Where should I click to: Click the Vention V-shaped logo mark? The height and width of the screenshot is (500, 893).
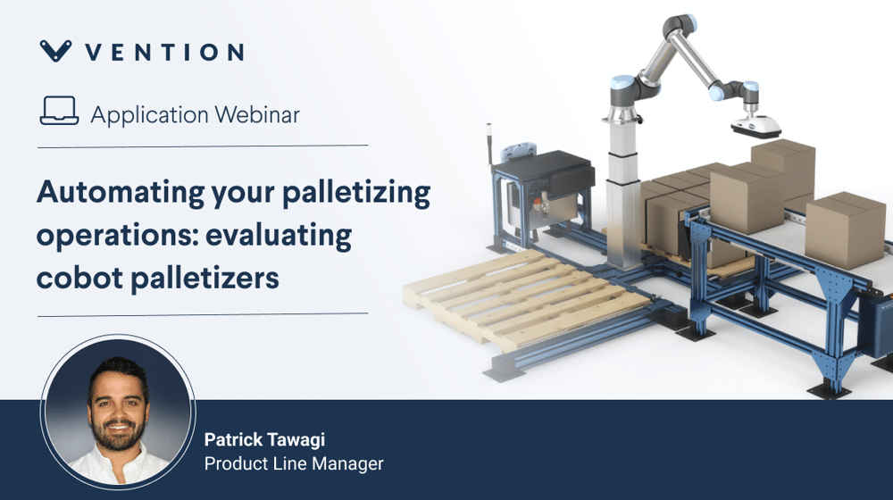[55, 50]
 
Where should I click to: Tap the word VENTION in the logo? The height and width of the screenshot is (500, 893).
[164, 53]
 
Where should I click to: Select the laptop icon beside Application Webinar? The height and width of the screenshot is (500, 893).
[59, 111]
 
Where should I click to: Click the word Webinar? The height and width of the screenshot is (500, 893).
[257, 115]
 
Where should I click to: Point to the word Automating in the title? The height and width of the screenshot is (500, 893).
[121, 194]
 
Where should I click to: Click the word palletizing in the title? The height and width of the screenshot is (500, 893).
[356, 194]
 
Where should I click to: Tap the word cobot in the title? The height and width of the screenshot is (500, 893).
[79, 279]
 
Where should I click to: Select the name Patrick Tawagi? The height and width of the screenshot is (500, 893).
[264, 439]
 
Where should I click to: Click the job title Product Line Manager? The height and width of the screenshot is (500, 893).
[294, 463]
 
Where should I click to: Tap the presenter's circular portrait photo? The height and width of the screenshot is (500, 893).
[118, 412]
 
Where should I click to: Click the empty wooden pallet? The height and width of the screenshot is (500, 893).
[527, 296]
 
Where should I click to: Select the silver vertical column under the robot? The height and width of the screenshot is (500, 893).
[622, 194]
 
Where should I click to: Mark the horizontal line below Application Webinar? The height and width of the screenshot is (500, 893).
[203, 146]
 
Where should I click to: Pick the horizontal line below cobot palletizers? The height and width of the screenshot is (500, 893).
[203, 314]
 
